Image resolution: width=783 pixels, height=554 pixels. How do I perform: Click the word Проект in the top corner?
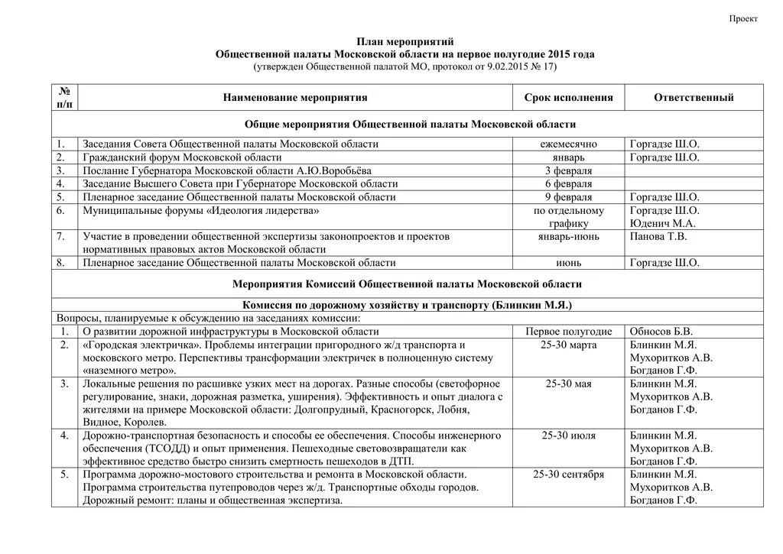742,19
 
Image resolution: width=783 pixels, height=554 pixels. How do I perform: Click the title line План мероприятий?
405,42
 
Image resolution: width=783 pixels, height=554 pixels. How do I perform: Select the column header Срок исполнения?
568,98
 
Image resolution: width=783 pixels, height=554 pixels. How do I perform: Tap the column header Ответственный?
694,98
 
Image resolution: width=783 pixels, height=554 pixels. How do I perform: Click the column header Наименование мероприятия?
295,98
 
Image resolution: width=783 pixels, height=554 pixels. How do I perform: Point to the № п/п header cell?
66,97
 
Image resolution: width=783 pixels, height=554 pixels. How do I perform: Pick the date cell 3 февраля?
568,170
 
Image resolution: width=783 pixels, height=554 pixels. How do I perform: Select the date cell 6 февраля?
568,183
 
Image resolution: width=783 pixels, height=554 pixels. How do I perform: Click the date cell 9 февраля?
568,197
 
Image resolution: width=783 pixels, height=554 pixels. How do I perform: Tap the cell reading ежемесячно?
568,144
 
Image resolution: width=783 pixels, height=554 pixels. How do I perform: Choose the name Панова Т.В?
658,236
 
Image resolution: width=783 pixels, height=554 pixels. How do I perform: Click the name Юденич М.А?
662,223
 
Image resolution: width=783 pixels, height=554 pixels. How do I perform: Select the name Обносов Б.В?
661,332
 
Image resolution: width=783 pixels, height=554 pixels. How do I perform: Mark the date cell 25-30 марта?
568,345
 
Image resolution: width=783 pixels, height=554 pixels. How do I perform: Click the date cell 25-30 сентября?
568,475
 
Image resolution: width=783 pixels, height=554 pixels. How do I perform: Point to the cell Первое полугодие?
568,332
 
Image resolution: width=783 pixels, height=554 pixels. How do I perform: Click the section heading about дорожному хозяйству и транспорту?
407,305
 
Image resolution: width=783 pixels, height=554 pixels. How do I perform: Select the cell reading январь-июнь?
568,236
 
